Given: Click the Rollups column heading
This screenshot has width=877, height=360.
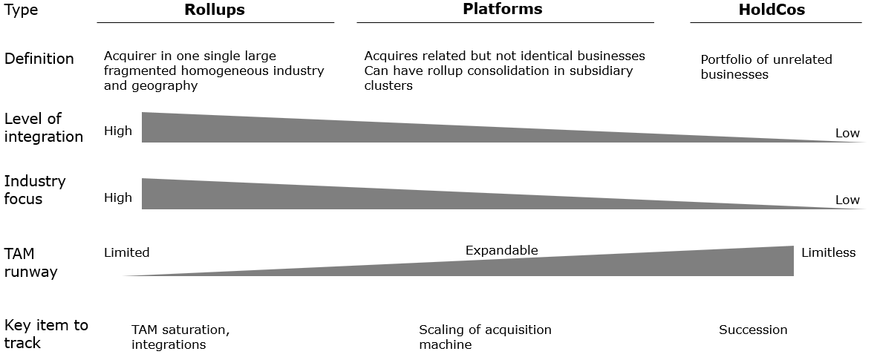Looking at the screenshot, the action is click(x=215, y=10).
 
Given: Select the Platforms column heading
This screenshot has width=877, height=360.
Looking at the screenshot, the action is click(x=502, y=9).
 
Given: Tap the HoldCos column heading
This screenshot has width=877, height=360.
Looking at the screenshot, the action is click(x=772, y=10).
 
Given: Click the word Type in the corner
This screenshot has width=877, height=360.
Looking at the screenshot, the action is click(x=22, y=10).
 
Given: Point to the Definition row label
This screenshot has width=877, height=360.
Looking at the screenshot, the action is click(x=39, y=59).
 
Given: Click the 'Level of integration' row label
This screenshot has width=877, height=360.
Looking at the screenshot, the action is click(x=44, y=128).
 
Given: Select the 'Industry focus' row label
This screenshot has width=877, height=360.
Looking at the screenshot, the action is click(x=35, y=190).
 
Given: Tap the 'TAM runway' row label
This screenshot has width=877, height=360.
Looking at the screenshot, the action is click(x=30, y=263).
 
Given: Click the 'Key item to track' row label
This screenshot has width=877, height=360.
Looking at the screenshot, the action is click(x=46, y=334).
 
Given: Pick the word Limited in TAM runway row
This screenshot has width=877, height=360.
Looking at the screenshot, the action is click(x=127, y=252).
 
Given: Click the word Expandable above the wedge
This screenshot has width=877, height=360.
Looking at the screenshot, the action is click(x=502, y=250).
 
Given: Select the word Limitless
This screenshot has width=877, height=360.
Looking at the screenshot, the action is click(x=828, y=252).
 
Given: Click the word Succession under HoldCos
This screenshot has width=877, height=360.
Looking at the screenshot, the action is click(x=753, y=330).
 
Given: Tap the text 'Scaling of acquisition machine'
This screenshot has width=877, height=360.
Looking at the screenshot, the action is click(x=485, y=337).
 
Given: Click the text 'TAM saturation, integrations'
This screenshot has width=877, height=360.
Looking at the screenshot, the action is click(x=180, y=337).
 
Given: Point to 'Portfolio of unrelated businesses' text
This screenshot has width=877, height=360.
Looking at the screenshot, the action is click(x=766, y=67).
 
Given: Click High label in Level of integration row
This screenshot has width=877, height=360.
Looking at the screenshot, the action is click(x=118, y=131).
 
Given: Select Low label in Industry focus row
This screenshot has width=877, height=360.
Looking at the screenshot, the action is click(x=847, y=200).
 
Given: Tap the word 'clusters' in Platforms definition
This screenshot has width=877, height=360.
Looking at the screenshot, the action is click(x=388, y=85).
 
